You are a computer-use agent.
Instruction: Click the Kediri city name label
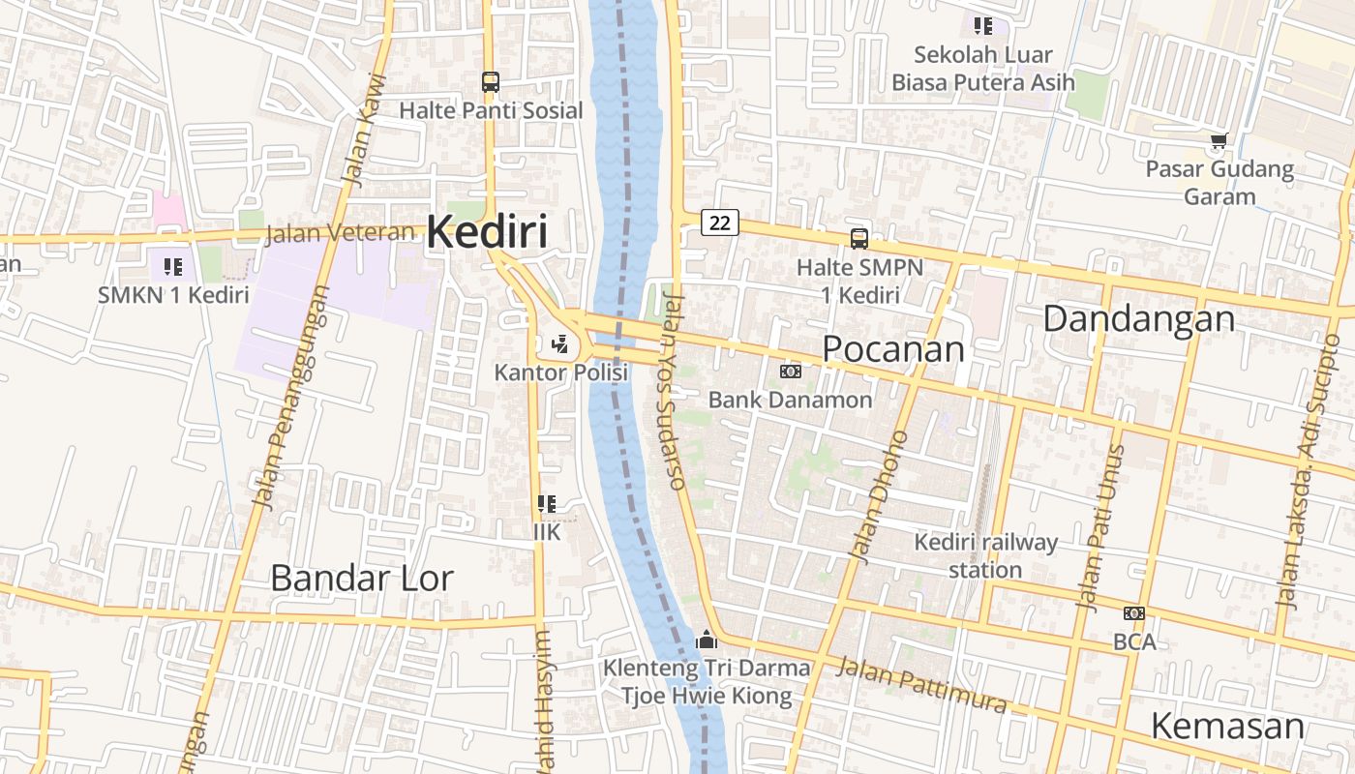(x=486, y=232)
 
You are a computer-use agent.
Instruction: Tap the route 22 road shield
(x=719, y=223)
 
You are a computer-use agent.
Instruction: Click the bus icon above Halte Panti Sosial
(x=491, y=82)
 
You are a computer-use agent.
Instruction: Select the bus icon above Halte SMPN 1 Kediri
(x=858, y=239)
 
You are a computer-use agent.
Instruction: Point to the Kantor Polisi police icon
(x=559, y=343)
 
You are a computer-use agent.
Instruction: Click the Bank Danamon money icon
(x=790, y=372)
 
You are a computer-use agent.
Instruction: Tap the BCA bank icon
(x=1134, y=613)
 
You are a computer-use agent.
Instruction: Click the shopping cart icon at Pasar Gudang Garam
(x=1219, y=141)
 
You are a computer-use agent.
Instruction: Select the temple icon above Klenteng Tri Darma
(x=707, y=640)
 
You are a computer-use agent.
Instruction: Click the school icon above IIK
(x=547, y=504)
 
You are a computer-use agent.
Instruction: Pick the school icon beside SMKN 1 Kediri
(x=173, y=267)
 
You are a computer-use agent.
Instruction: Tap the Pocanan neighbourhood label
(x=893, y=349)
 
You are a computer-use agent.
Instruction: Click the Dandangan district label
(x=1138, y=318)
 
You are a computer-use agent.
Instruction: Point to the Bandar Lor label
(x=361, y=578)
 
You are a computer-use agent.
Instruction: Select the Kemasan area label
(x=1227, y=726)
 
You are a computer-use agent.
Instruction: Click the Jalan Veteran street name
(x=339, y=233)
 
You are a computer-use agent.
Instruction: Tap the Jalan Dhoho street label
(x=879, y=495)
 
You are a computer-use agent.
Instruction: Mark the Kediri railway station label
(x=985, y=555)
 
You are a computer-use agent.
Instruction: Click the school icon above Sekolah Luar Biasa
(x=982, y=26)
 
